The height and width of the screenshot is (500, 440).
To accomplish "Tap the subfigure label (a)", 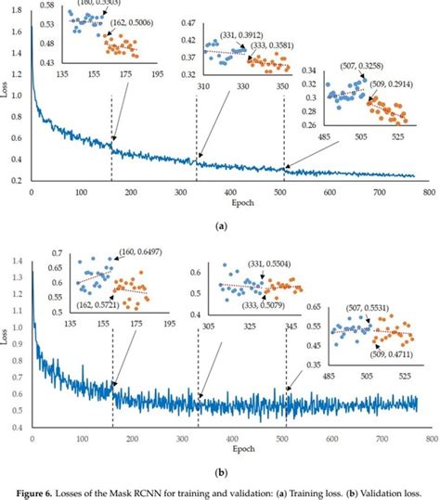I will tap(221, 225).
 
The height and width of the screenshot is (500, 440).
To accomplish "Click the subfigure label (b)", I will tap(221, 469).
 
